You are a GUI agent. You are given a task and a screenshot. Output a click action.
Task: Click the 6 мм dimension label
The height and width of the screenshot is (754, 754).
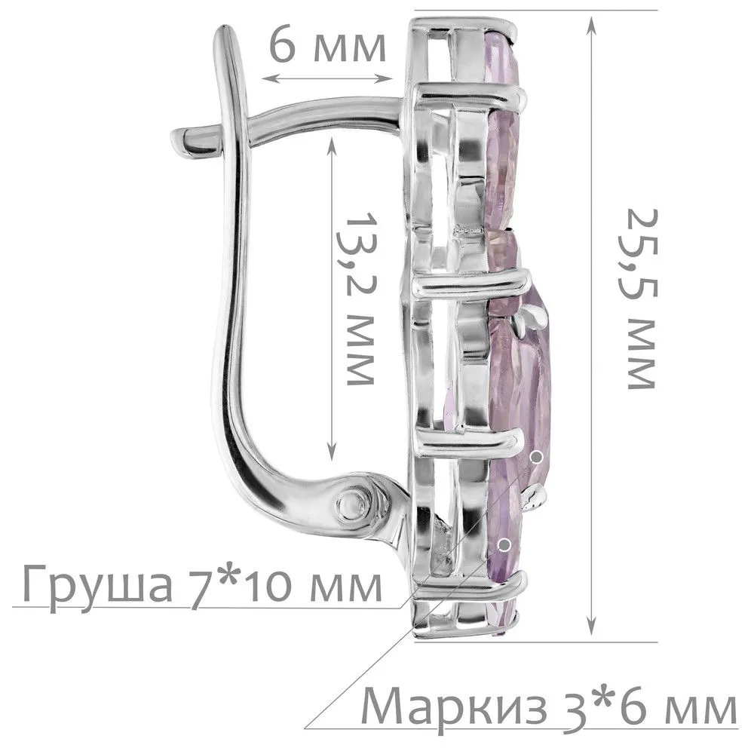tap(327, 47)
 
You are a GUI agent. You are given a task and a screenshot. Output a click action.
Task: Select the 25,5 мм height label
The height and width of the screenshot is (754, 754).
tap(642, 299)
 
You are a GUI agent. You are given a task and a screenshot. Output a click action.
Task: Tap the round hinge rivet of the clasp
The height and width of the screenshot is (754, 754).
tap(354, 505)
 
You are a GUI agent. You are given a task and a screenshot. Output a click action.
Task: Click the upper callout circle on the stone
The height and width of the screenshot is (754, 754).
tap(537, 456)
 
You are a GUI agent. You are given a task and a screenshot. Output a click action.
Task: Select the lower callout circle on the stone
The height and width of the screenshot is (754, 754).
tap(504, 544)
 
